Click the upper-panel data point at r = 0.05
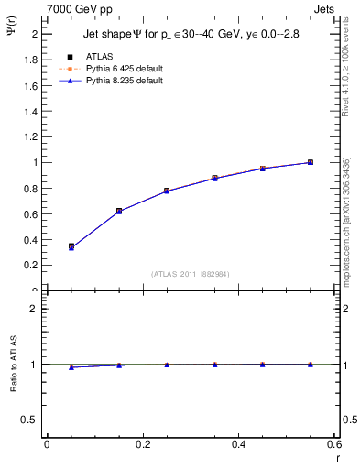pos(71,247)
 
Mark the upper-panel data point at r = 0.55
pos(311,162)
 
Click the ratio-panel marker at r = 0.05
pos(71,367)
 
